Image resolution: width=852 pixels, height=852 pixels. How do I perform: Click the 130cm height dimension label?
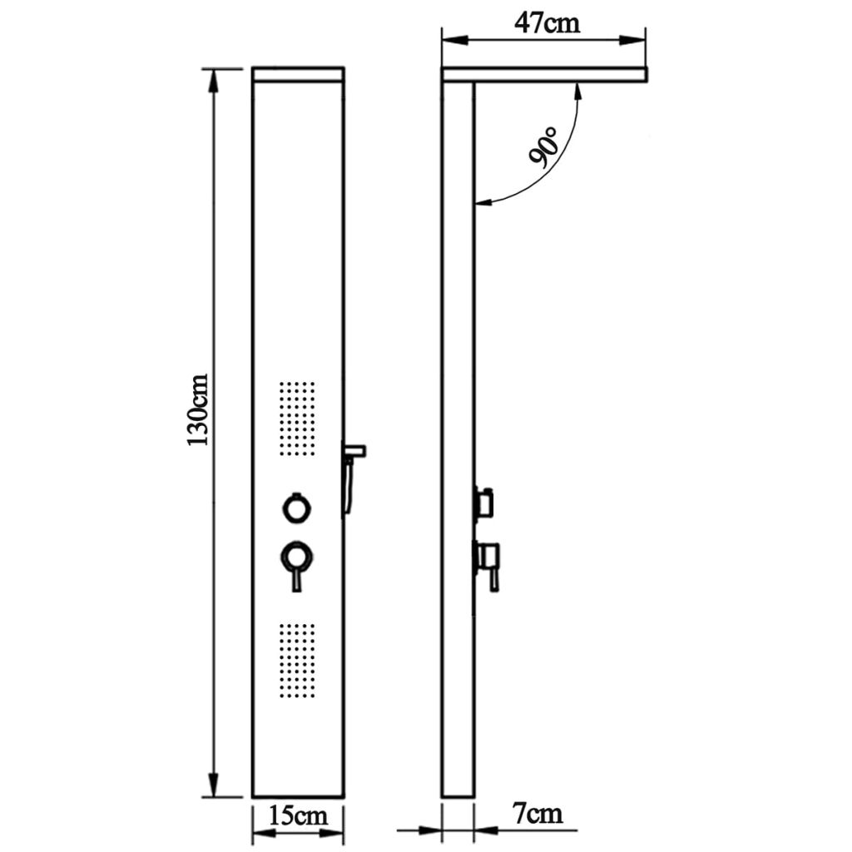[x=198, y=420]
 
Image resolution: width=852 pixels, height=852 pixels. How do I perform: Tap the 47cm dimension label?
[x=546, y=22]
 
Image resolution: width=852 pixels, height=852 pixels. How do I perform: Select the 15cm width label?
[x=297, y=815]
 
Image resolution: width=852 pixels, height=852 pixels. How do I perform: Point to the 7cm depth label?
[x=538, y=812]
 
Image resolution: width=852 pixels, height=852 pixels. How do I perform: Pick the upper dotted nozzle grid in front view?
[x=296, y=419]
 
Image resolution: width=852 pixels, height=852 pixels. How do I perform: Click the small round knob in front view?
[x=296, y=508]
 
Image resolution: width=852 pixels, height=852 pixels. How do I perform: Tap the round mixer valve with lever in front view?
[x=296, y=557]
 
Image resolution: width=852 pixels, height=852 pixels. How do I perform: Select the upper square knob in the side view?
[x=484, y=502]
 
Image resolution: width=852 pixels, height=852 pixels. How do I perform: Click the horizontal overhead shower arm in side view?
[x=545, y=75]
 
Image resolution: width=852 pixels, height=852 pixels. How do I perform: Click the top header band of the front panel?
[x=298, y=74]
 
